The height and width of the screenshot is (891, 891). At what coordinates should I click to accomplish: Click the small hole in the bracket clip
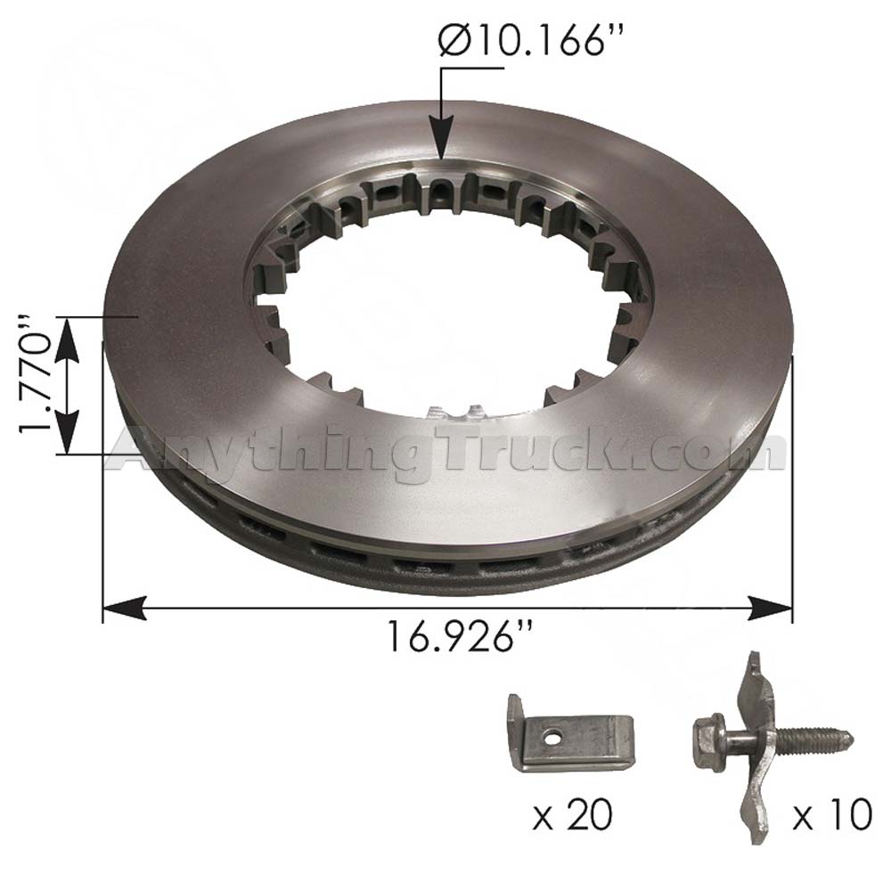tap(553, 738)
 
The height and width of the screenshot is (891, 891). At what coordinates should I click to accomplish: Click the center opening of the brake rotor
tap(445, 303)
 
